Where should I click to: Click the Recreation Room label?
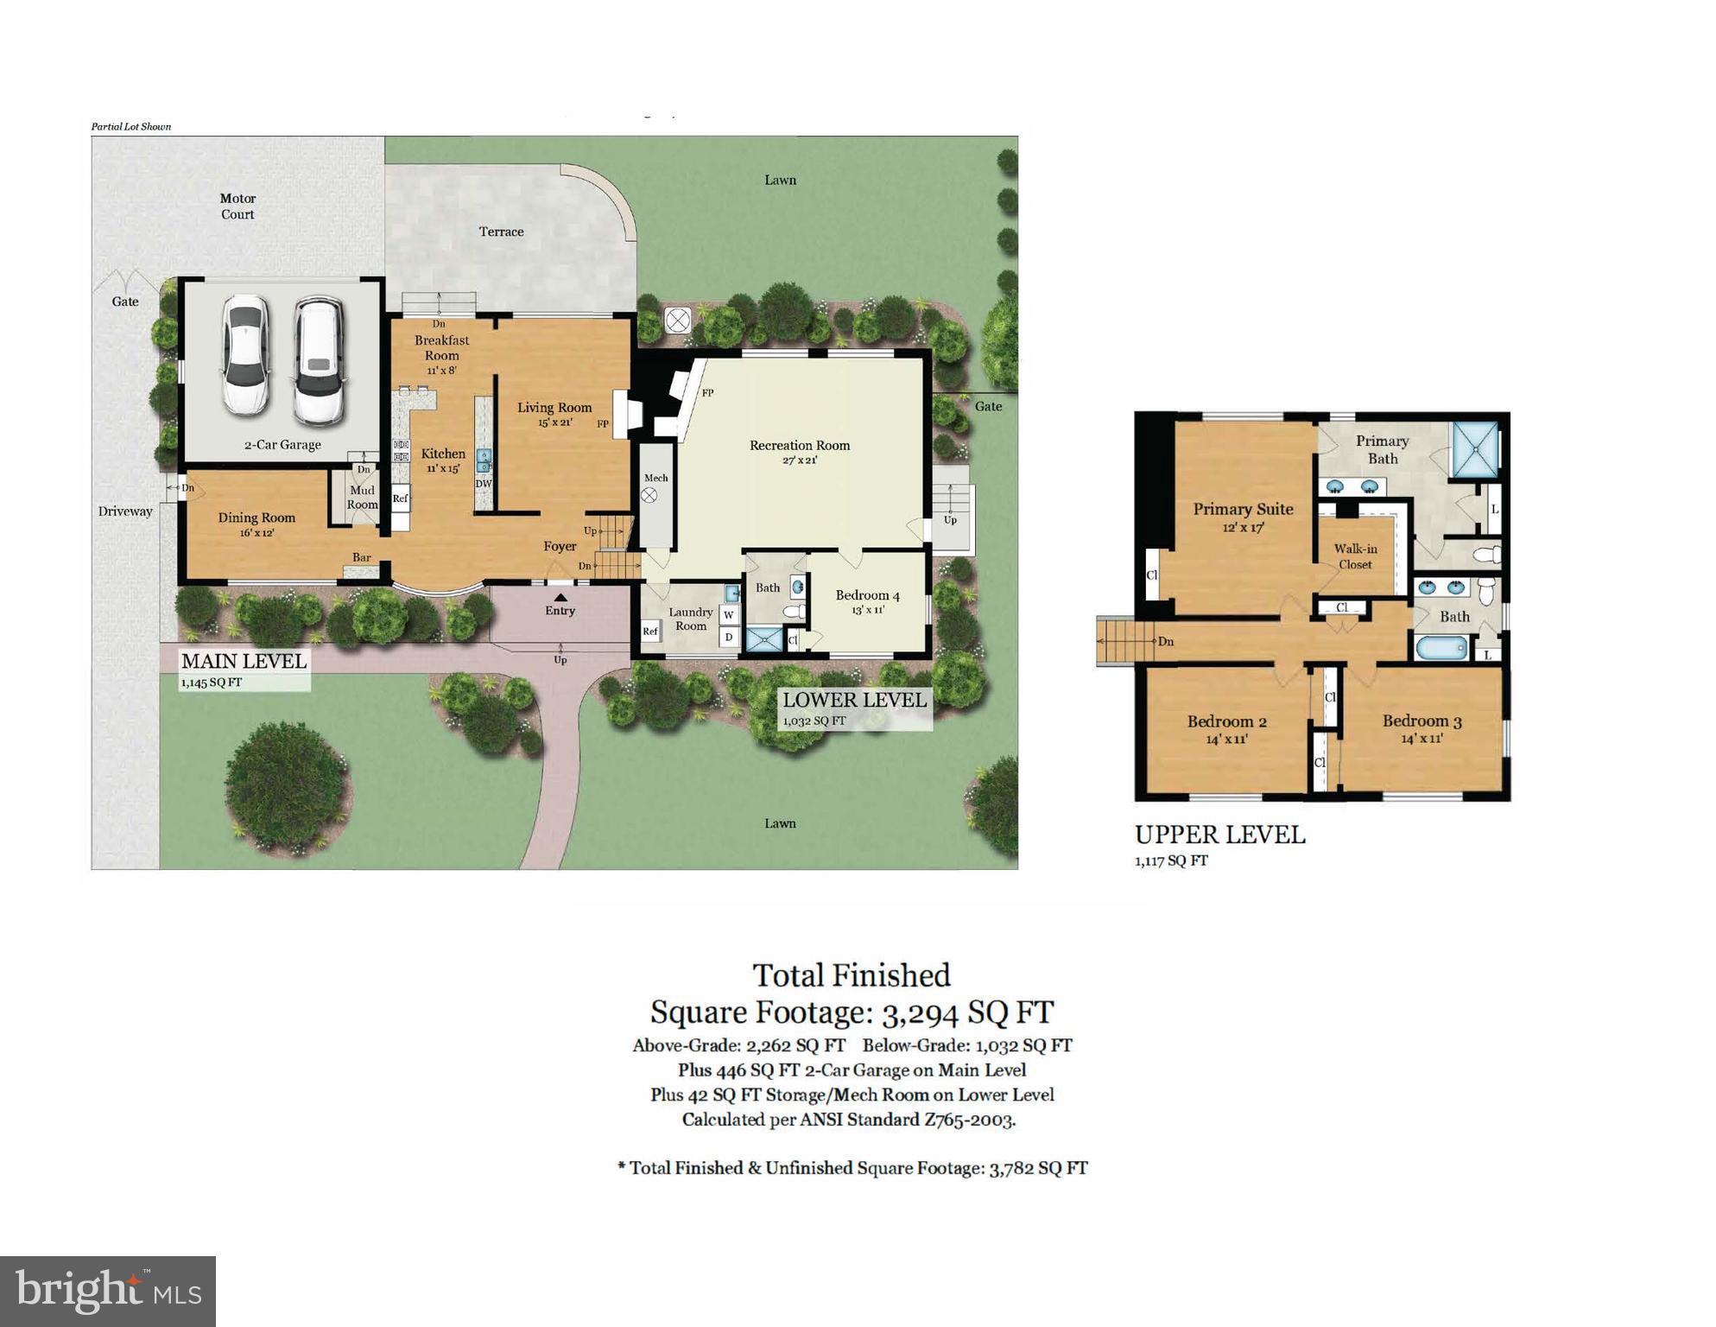pyautogui.click(x=800, y=446)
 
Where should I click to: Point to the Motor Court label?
pyautogui.click(x=237, y=206)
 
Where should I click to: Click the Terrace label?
pyautogui.click(x=502, y=232)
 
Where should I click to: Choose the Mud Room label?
pyautogui.click(x=362, y=498)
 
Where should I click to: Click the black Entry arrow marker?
pyautogui.click(x=560, y=597)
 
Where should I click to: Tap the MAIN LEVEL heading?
pyautogui.click(x=244, y=661)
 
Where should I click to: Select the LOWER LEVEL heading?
pyautogui.click(x=854, y=700)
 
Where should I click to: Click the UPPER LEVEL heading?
pyautogui.click(x=1219, y=835)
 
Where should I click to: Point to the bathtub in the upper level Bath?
pyautogui.click(x=1441, y=646)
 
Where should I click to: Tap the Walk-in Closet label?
pyautogui.click(x=1355, y=556)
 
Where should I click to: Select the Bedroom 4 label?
pyautogui.click(x=867, y=595)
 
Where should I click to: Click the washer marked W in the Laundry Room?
pyautogui.click(x=729, y=615)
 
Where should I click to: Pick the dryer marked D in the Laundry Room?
pyautogui.click(x=729, y=638)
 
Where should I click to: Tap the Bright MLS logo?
pyautogui.click(x=108, y=1291)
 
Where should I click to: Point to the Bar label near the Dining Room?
pyautogui.click(x=361, y=557)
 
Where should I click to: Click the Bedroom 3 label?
pyautogui.click(x=1422, y=721)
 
